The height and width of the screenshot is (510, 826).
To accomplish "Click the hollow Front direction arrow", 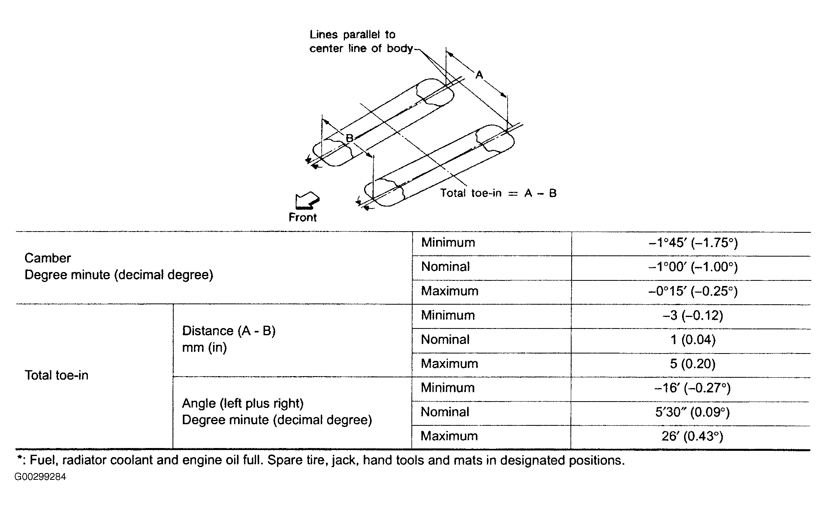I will click(x=307, y=201).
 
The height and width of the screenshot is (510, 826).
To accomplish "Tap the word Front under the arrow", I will click(x=302, y=218).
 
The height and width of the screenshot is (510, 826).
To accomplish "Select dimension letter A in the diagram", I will click(x=479, y=74).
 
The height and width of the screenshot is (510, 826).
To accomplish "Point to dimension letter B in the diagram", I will click(x=349, y=138).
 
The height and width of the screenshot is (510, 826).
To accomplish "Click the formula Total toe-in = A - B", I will click(x=498, y=193).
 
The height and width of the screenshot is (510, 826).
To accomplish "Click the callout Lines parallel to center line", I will click(x=353, y=41).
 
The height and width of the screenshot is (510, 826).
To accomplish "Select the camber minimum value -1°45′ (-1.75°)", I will click(x=693, y=243).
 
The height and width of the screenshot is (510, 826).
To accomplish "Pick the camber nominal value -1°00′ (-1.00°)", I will click(x=693, y=267).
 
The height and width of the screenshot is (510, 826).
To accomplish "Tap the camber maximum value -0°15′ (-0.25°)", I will click(x=693, y=291).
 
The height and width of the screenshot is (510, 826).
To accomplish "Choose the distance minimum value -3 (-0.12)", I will click(x=693, y=315).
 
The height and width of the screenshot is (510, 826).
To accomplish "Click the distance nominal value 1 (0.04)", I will click(x=693, y=340).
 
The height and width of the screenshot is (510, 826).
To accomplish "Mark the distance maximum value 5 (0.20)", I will click(x=693, y=364).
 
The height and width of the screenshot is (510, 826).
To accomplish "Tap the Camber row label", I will click(x=48, y=258).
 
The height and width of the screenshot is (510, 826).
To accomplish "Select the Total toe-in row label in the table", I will click(x=56, y=375).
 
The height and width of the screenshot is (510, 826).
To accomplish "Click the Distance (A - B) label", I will click(x=229, y=331).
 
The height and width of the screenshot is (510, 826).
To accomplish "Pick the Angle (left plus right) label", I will click(x=242, y=404).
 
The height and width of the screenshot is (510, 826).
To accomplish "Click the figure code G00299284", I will click(x=40, y=477).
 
